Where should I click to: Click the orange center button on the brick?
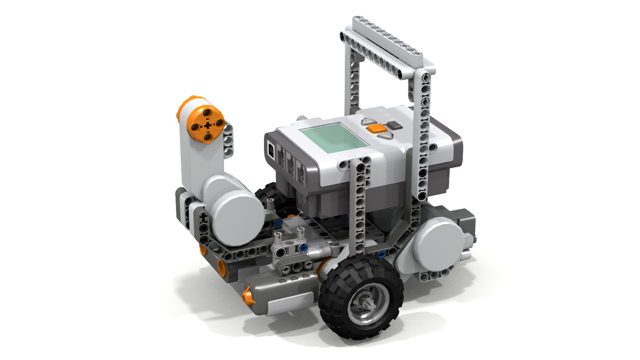[x=377, y=128]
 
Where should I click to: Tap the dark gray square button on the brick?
[x=394, y=125]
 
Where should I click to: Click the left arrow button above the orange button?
[x=368, y=121]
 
